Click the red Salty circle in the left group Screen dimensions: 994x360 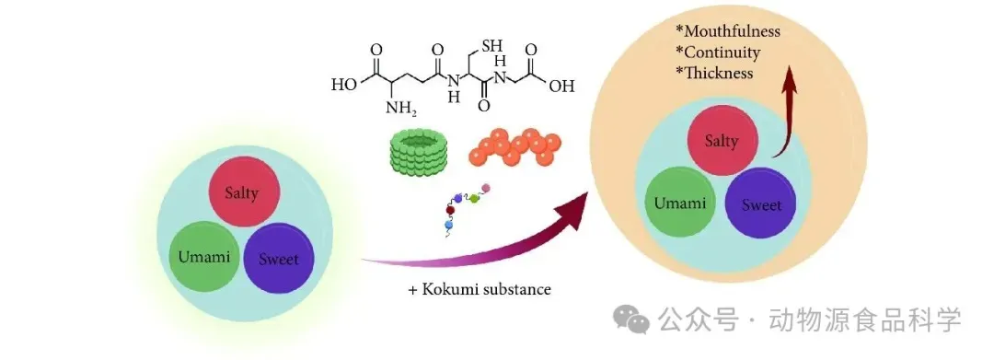[x=243, y=192]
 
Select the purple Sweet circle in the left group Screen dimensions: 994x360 [x=279, y=258]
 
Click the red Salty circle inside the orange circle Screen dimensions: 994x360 [x=722, y=140]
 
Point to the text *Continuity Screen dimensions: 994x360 [x=718, y=52]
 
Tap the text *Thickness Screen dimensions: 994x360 [x=715, y=72]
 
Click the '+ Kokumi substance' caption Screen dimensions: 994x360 [x=480, y=290]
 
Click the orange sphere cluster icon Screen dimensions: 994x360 [x=514, y=146]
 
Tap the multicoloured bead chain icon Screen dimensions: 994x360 [x=468, y=210]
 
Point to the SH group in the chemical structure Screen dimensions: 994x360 [x=491, y=46]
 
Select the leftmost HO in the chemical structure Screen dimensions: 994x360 [x=344, y=85]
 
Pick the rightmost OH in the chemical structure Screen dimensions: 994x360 [x=561, y=85]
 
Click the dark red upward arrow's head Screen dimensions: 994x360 [x=789, y=79]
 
